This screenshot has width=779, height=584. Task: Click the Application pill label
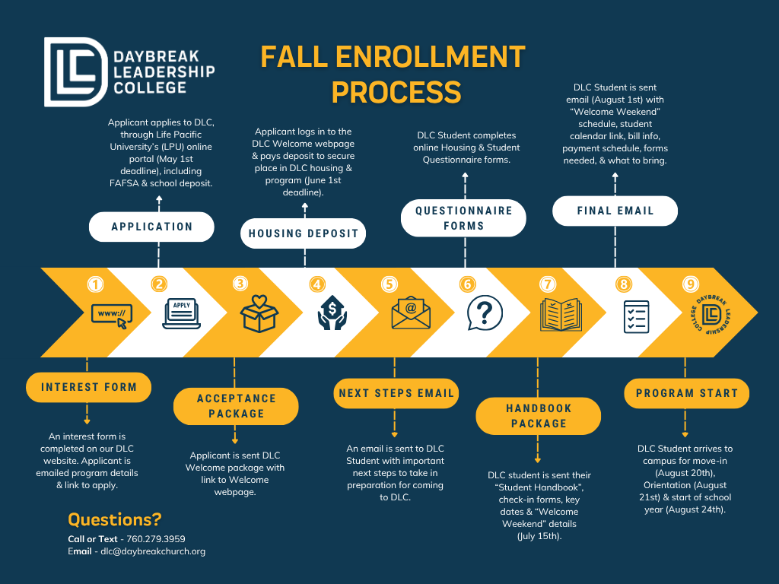point(152,227)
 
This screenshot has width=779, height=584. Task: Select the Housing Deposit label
point(304,233)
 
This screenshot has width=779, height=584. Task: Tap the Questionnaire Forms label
point(463,218)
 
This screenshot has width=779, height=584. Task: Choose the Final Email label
point(615,211)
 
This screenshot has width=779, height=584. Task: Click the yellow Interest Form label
point(89,387)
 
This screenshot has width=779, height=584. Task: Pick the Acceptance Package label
point(236,406)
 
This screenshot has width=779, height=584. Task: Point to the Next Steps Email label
point(396,393)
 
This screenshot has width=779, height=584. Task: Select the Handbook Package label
point(539,416)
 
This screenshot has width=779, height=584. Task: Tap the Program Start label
point(687,393)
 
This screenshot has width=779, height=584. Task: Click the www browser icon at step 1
point(111,314)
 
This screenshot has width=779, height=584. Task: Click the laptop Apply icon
point(181,314)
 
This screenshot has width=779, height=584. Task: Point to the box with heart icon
point(259,313)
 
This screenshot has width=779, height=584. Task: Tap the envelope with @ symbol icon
point(411,313)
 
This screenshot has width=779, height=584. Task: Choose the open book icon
point(560,314)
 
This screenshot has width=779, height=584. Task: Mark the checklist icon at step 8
point(635,316)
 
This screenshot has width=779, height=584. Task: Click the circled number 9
point(690,284)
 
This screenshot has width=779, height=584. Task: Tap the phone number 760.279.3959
point(156,539)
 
